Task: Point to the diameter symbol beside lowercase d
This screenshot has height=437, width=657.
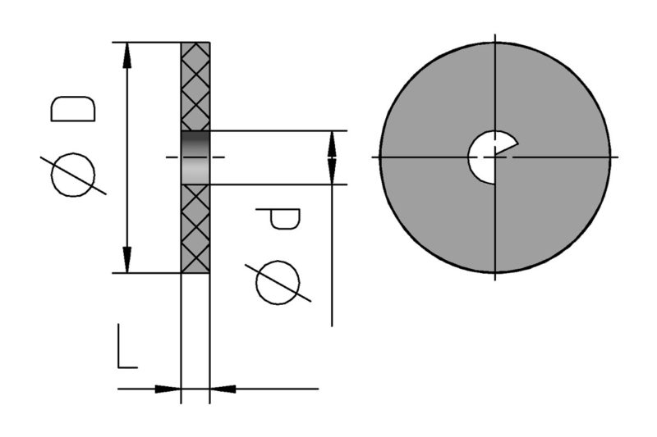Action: pyautogui.click(x=280, y=283)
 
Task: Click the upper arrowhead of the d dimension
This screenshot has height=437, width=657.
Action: pyautogui.click(x=332, y=139)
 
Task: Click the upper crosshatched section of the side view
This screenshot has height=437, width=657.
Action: pyautogui.click(x=195, y=86)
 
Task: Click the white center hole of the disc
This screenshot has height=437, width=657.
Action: pyautogui.click(x=484, y=156)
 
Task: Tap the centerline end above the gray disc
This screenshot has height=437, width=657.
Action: pyautogui.click(x=495, y=36)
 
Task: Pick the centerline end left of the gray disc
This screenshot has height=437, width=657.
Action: pyautogui.click(x=374, y=156)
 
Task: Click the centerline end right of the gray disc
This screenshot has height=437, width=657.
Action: pyautogui.click(x=613, y=156)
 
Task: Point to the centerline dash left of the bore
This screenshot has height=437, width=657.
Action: pyautogui.click(x=172, y=157)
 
